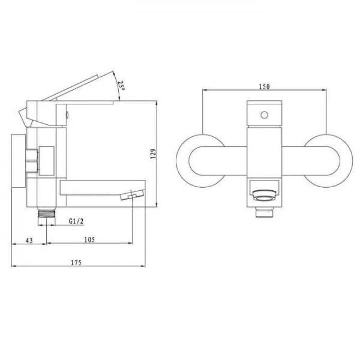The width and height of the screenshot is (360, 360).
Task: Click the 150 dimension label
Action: (x=264, y=86)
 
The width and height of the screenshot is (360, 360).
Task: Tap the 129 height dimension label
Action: (x=153, y=154)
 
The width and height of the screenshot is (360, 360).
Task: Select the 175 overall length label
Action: (x=76, y=262)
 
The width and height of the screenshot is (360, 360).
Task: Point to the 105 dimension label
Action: (x=89, y=239)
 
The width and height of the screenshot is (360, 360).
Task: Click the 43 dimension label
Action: (x=29, y=241)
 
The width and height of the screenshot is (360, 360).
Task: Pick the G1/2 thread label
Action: (x=76, y=221)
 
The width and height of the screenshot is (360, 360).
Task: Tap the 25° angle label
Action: (x=121, y=86)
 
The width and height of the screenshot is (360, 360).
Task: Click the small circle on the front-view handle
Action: (x=264, y=115)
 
